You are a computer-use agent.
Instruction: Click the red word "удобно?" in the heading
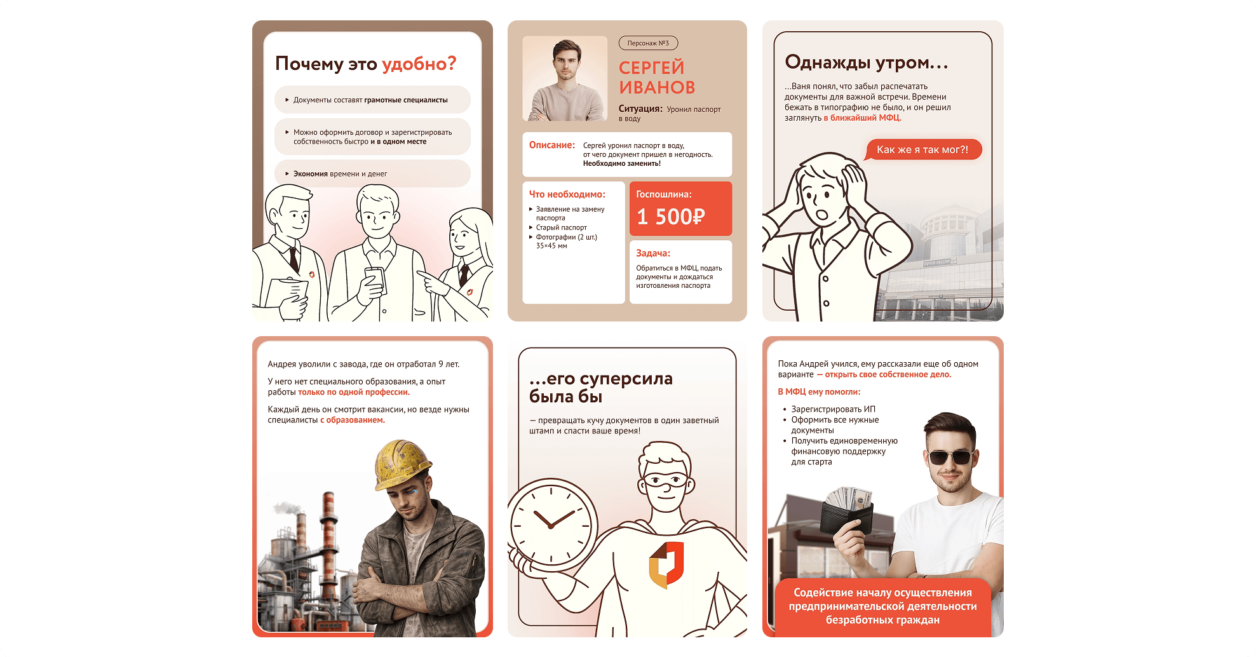click(x=419, y=64)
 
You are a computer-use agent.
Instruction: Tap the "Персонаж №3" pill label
click(x=648, y=43)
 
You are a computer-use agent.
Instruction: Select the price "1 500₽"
click(x=671, y=217)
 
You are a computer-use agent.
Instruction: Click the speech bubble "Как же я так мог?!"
click(x=922, y=150)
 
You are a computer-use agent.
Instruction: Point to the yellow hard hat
click(x=402, y=464)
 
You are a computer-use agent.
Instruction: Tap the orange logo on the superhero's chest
click(x=666, y=564)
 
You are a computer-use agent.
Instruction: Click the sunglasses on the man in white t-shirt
click(x=950, y=457)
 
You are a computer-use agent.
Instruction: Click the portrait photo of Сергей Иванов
click(x=564, y=79)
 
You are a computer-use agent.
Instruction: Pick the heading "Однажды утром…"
click(x=867, y=62)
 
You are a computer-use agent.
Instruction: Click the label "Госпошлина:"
click(x=664, y=194)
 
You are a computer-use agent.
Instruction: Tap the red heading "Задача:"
click(x=653, y=253)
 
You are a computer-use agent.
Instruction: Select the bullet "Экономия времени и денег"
click(x=340, y=173)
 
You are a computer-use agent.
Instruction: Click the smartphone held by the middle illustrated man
click(x=374, y=280)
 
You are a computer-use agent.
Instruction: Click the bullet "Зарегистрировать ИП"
click(x=833, y=409)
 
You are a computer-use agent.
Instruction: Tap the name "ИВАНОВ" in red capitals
click(x=657, y=88)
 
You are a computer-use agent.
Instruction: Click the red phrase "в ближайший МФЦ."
click(x=863, y=118)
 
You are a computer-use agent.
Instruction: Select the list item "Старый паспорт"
click(x=561, y=227)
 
